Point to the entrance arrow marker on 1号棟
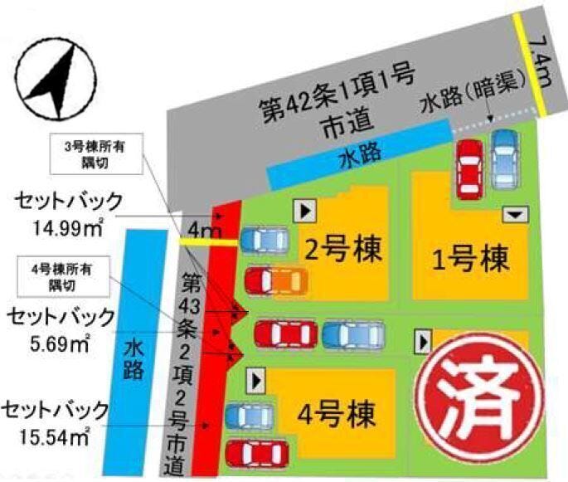point(517,214)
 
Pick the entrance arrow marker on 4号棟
point(257,380)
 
